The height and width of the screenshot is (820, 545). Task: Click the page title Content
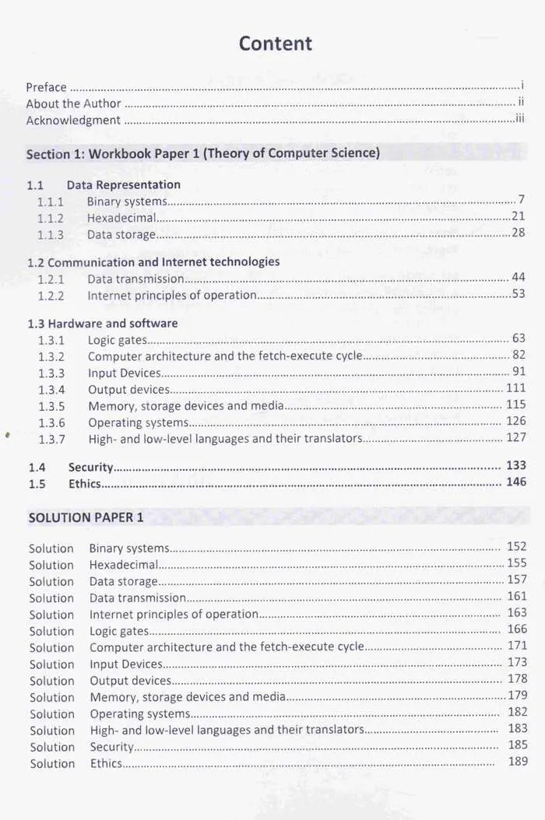pyautogui.click(x=275, y=44)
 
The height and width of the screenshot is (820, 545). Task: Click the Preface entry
pyautogui.click(x=46, y=87)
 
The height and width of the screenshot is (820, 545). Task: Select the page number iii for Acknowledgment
pyautogui.click(x=519, y=119)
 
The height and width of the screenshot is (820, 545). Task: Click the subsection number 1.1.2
pyautogui.click(x=51, y=218)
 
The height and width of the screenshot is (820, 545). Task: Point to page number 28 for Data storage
pyautogui.click(x=518, y=233)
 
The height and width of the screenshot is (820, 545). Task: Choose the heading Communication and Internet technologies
pyautogui.click(x=163, y=261)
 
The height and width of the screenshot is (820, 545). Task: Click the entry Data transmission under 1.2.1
pyautogui.click(x=135, y=279)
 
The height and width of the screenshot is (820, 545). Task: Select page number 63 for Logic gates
pyautogui.click(x=519, y=338)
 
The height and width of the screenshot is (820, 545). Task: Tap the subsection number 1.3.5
pyautogui.click(x=51, y=406)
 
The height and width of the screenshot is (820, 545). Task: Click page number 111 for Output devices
pyautogui.click(x=515, y=388)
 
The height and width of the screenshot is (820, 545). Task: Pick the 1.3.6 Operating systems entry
pyautogui.click(x=138, y=422)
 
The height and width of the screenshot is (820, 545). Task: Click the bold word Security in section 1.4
pyautogui.click(x=90, y=467)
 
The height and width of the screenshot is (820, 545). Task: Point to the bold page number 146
pyautogui.click(x=515, y=482)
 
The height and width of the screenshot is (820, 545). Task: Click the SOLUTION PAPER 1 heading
pyautogui.click(x=86, y=517)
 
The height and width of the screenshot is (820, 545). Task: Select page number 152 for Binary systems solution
pyautogui.click(x=516, y=547)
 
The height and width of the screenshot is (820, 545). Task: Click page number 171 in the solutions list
pyautogui.click(x=517, y=646)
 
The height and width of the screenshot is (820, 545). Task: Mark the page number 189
pyautogui.click(x=518, y=761)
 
